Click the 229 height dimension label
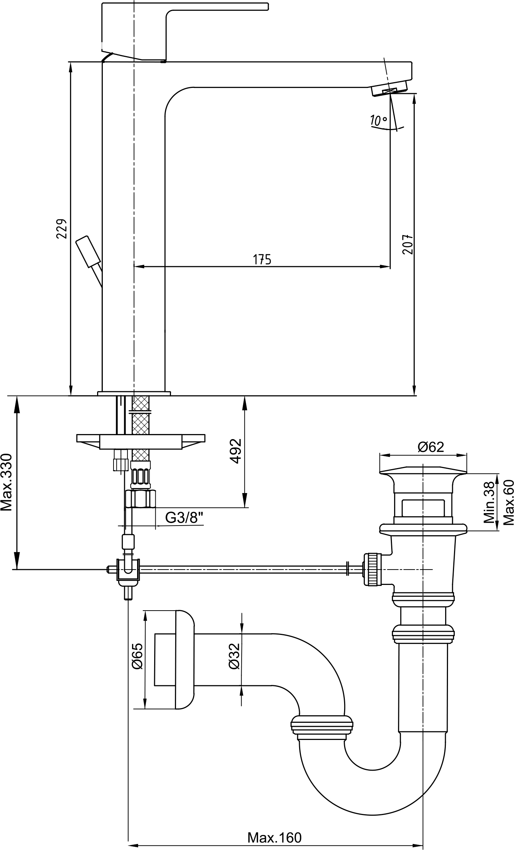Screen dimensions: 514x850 [62, 229]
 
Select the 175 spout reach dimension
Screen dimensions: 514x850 [262, 259]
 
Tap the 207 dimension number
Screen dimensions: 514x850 [408, 244]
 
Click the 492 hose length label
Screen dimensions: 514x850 [236, 451]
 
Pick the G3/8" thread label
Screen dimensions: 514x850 [184, 518]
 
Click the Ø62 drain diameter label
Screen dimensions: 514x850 [431, 447]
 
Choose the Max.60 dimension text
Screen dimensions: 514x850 [508, 502]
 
